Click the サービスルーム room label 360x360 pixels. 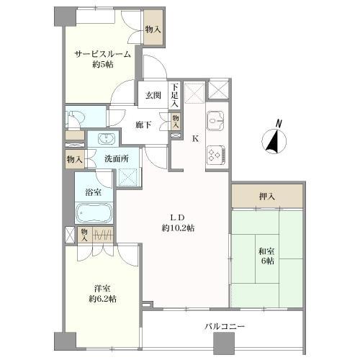click(103, 55)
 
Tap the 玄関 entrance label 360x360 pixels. click(153, 96)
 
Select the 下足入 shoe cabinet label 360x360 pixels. click(175, 95)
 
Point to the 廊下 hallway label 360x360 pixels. click(143, 125)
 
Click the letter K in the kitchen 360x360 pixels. click(196, 138)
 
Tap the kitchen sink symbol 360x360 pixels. click(216, 121)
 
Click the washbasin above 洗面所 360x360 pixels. click(107, 138)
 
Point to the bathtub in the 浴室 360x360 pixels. click(94, 213)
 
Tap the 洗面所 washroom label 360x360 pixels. click(117, 159)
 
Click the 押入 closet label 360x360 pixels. click(266, 197)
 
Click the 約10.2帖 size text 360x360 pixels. click(178, 228)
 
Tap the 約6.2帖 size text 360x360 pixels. click(103, 299)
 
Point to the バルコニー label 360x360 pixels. click(225, 326)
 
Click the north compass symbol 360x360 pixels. click(274, 141)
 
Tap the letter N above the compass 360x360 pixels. click(279, 123)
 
